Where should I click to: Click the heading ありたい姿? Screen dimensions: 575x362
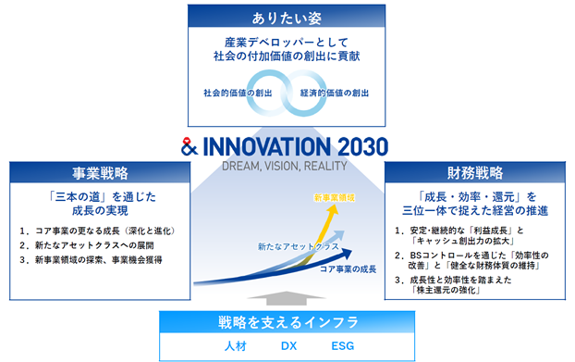click(287, 18)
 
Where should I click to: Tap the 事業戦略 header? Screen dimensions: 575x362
click(100, 173)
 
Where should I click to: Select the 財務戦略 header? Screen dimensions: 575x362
click(475, 172)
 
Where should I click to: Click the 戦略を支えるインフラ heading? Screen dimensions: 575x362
click(287, 322)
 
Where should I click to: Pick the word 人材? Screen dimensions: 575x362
click(236, 346)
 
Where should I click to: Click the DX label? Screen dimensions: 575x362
click(288, 346)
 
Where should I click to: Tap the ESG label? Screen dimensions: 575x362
click(343, 346)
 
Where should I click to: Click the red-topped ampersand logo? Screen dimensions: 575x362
click(190, 146)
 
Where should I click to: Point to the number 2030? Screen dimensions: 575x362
click(362, 147)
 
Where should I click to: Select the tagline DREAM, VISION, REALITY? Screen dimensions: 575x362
click(285, 167)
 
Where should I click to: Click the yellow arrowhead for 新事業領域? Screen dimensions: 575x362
click(334, 209)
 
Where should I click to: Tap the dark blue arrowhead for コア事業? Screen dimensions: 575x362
click(346, 253)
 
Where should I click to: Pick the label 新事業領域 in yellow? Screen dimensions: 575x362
click(334, 198)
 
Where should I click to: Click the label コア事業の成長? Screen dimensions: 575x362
click(348, 269)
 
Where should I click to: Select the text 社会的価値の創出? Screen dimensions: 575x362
click(238, 93)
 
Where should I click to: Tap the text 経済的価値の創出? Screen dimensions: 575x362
click(335, 93)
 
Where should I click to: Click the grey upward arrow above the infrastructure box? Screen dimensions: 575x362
click(287, 298)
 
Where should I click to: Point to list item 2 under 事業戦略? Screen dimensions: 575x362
click(87, 245)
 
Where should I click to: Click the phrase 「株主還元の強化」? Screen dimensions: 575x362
click(446, 290)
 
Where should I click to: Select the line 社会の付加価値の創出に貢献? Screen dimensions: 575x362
click(287, 56)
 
